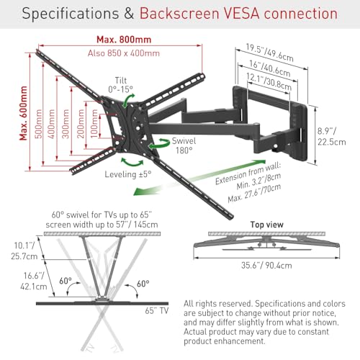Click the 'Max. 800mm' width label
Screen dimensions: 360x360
pos(124,40)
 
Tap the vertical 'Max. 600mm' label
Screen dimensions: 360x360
pos(24,113)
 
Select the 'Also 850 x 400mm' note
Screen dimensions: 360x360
pos(124,53)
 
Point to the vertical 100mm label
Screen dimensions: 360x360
pos(94,124)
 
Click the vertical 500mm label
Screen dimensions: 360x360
pos(38,124)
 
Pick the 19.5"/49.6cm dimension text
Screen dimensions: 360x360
pos(269,53)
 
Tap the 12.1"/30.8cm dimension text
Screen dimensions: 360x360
pos(269,81)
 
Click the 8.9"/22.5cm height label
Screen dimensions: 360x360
pos(332,137)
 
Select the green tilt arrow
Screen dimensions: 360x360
pos(128,101)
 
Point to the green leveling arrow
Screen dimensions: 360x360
pos(132,163)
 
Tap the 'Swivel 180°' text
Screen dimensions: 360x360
pos(184,145)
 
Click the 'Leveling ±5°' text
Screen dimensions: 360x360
pos(128,174)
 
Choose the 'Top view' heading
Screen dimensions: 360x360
pos(267,225)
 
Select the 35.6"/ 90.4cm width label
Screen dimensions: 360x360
pos(266,266)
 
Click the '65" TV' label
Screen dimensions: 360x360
pos(157,310)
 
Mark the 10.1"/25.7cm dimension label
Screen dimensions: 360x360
pos(24,251)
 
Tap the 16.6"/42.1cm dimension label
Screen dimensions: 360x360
pos(34,281)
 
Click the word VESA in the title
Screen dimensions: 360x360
pos(241,14)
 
